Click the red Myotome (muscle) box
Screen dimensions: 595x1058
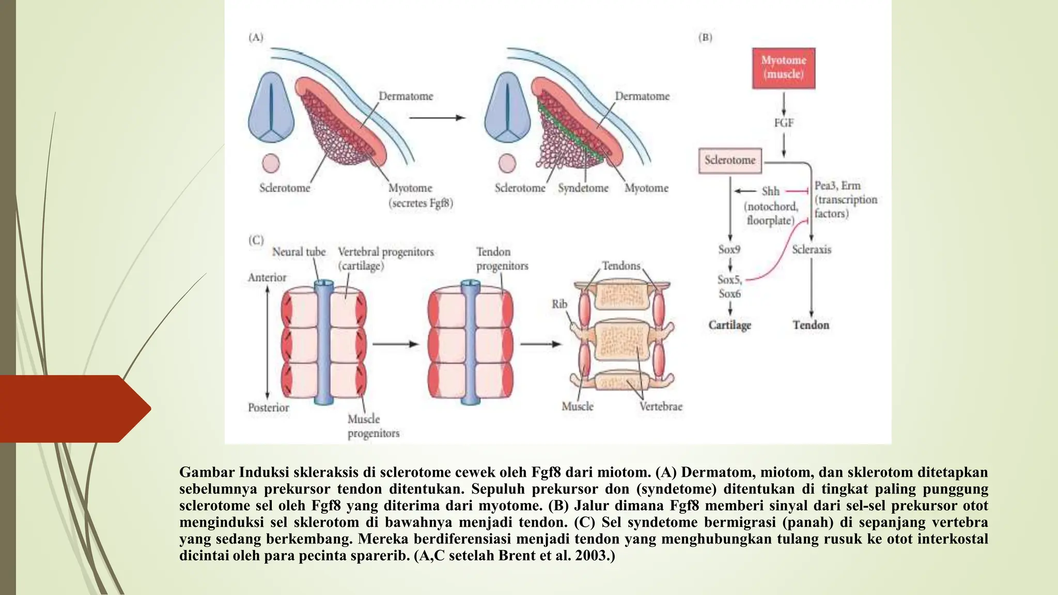click(783, 68)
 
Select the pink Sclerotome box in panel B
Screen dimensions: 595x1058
click(730, 161)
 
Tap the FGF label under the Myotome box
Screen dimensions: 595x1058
click(783, 123)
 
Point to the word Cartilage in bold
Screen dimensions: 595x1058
click(729, 325)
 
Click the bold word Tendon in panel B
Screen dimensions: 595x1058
click(811, 325)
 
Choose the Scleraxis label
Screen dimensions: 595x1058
click(812, 250)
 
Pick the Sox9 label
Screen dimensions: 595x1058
click(729, 250)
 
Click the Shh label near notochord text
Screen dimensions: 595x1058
click(770, 192)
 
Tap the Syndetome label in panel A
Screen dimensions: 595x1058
click(583, 189)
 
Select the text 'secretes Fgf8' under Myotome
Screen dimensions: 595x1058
click(421, 203)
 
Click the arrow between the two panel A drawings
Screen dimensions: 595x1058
click(437, 118)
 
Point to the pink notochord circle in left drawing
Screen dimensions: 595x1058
click(271, 164)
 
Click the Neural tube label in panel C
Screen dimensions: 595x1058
click(299, 252)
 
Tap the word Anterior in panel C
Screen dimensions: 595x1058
click(267, 278)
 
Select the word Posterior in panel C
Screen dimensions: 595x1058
click(268, 408)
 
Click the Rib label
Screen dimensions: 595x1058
click(559, 304)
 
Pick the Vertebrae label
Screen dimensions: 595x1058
click(661, 407)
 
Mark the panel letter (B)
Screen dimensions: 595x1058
click(705, 38)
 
